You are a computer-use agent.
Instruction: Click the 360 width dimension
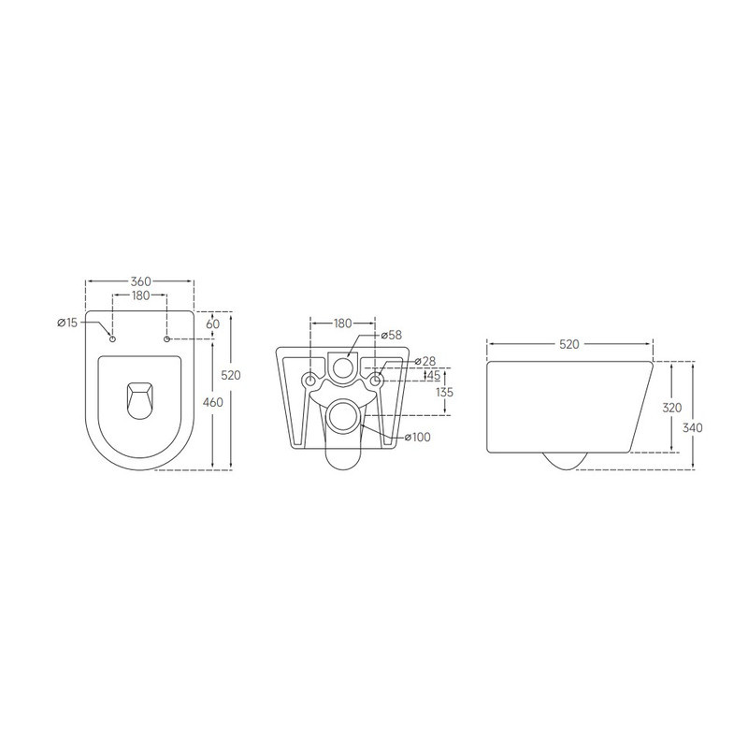139,281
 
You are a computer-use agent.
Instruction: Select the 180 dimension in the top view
139,296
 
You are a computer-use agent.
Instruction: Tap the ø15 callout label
67,323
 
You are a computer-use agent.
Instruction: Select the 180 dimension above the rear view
342,324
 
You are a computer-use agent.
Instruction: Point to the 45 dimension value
433,376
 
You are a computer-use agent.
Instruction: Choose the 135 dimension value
444,393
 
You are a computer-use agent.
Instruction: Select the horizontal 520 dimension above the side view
568,344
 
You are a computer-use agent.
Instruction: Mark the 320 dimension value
672,408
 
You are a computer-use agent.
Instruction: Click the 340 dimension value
693,427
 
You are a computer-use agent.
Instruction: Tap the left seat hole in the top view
112,338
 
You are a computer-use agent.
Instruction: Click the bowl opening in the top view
139,399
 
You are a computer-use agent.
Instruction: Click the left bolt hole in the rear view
310,381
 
